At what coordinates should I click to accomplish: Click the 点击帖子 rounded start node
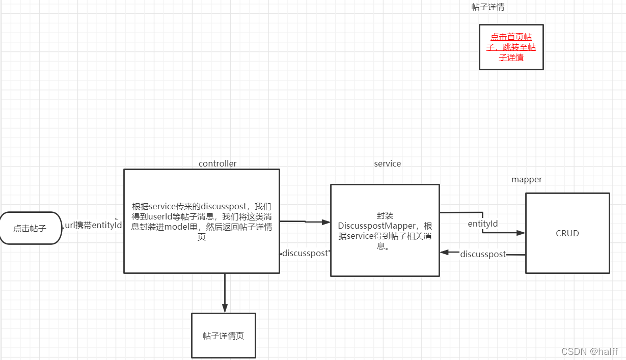pyautogui.click(x=30, y=228)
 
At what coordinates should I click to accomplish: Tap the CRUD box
pyautogui.click(x=567, y=233)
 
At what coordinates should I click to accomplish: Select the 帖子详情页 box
pyautogui.click(x=223, y=336)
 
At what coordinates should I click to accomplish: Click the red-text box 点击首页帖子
pyautogui.click(x=511, y=47)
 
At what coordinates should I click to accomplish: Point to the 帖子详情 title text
pyautogui.click(x=488, y=7)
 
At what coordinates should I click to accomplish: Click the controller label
pyautogui.click(x=217, y=163)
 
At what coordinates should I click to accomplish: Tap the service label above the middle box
pyautogui.click(x=387, y=163)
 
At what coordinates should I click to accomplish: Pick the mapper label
pyautogui.click(x=526, y=179)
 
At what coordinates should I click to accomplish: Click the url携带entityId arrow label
pyautogui.click(x=94, y=225)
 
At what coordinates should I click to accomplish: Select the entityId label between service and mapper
pyautogui.click(x=482, y=223)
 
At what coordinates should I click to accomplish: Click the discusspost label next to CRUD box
pyautogui.click(x=483, y=254)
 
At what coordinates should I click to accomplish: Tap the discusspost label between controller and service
pyautogui.click(x=305, y=253)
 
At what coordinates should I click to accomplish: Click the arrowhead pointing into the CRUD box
pyautogui.click(x=521, y=233)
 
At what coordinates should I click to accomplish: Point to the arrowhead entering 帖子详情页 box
pyautogui.click(x=225, y=308)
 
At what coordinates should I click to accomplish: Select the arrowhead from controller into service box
pyautogui.click(x=325, y=221)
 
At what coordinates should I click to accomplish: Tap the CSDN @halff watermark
pyautogui.click(x=589, y=351)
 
